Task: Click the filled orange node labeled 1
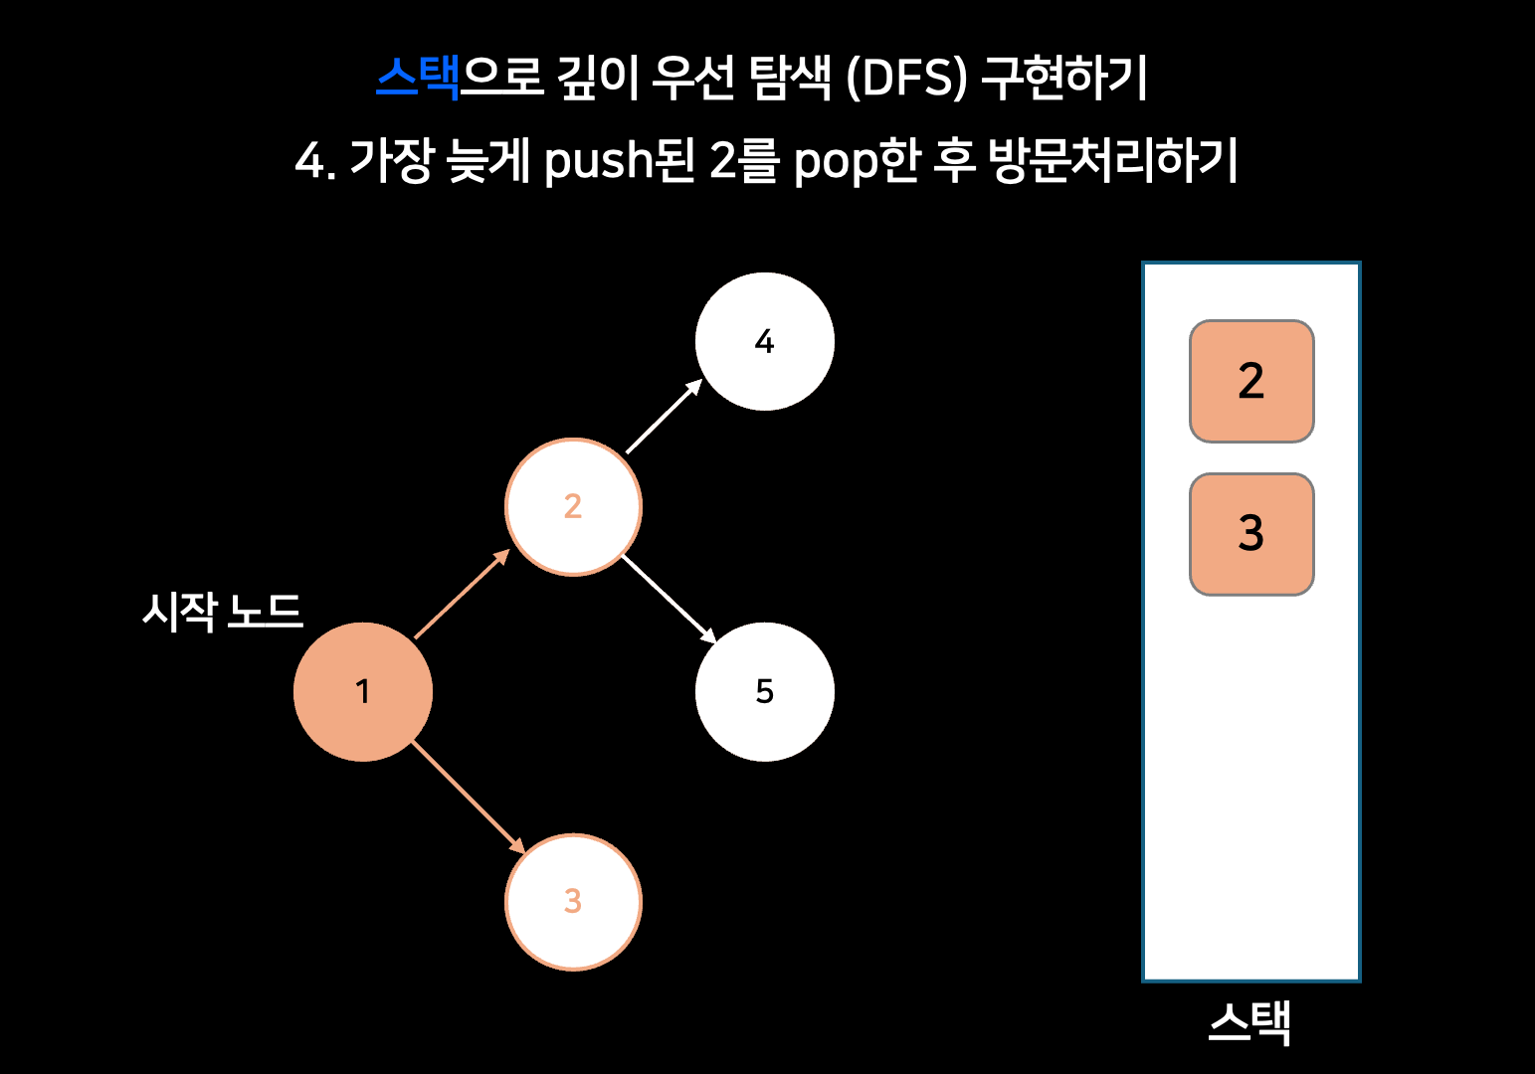click(x=363, y=692)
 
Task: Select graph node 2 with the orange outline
click(x=573, y=507)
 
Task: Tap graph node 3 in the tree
click(x=573, y=902)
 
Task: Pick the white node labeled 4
click(x=764, y=341)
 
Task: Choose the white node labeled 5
click(x=764, y=692)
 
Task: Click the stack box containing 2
click(x=1251, y=381)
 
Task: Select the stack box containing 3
click(x=1251, y=534)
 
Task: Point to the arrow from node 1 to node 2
click(x=463, y=594)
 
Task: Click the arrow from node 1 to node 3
click(x=468, y=797)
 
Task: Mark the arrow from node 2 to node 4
click(x=665, y=416)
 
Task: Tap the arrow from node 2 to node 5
click(x=669, y=599)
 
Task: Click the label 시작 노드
click(x=222, y=611)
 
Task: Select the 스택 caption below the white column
click(x=1249, y=1022)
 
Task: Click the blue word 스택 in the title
click(x=418, y=77)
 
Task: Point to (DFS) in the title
click(x=906, y=77)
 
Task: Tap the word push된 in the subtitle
click(x=619, y=160)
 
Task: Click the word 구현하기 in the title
click(x=1064, y=77)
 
